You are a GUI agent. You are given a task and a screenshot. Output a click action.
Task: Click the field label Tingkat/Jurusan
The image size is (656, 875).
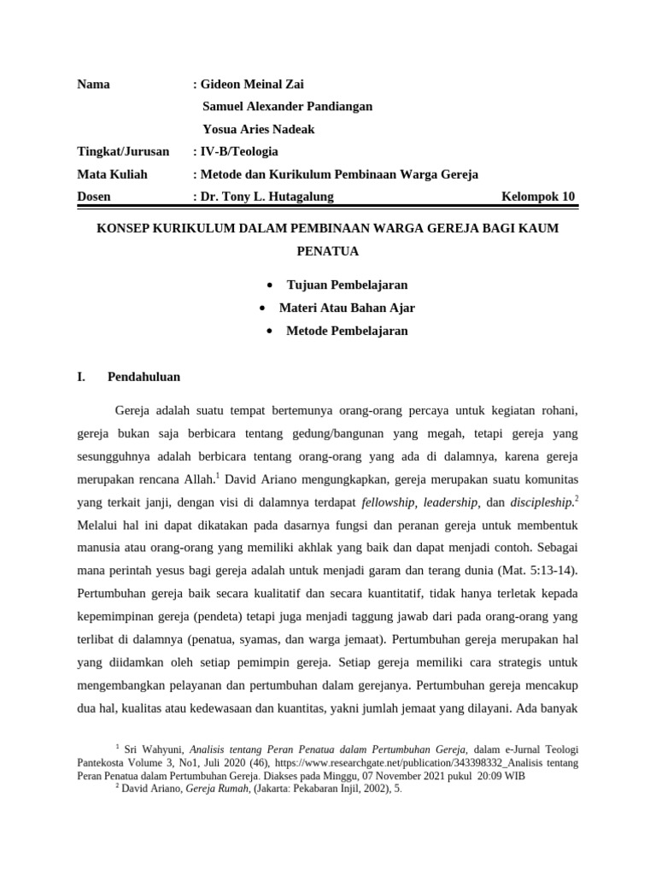123,151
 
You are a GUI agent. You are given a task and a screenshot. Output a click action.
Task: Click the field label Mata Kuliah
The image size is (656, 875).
112,174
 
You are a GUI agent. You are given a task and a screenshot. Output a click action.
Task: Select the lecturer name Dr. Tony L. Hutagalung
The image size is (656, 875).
266,197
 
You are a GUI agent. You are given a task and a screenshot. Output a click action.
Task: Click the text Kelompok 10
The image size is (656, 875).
538,197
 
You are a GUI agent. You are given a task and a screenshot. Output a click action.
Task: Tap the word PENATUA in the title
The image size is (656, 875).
327,252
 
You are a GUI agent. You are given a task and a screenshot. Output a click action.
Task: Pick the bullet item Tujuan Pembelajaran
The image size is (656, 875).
347,284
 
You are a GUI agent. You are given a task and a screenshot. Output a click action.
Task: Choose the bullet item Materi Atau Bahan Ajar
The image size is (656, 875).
347,307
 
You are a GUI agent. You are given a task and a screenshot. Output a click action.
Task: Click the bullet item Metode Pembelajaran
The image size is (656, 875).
347,330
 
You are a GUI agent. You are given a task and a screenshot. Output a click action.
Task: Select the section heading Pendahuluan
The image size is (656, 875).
143,376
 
